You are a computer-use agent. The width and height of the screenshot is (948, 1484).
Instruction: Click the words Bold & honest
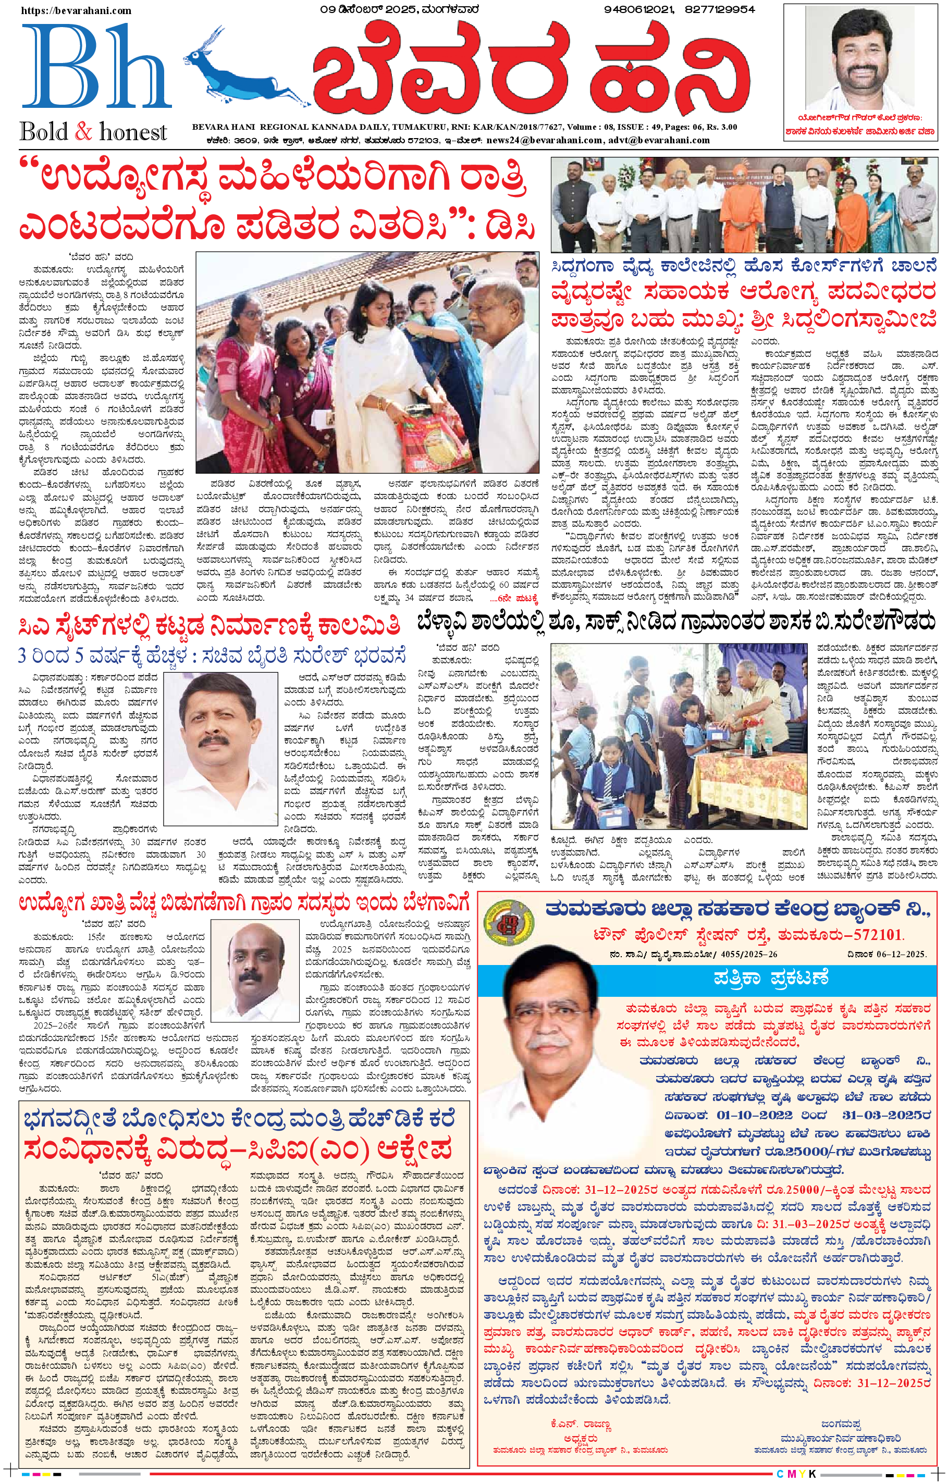pos(93,132)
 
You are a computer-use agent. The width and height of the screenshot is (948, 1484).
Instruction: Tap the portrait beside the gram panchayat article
pos(254,968)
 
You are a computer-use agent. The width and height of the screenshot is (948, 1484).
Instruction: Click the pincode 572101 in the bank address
pos(873,935)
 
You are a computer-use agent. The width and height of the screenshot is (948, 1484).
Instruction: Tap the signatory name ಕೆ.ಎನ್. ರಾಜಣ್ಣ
pos(581,1424)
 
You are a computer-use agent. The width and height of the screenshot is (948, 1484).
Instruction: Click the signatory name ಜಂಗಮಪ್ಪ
pos(841,1423)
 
